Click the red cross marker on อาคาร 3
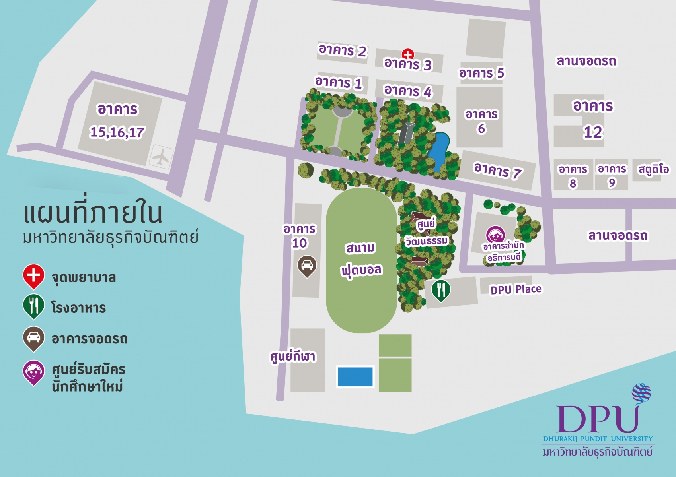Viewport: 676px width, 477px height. tap(408, 54)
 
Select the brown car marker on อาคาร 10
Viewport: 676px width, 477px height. tap(307, 265)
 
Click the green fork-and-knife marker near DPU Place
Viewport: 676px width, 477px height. tap(441, 290)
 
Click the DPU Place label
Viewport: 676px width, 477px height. tap(516, 289)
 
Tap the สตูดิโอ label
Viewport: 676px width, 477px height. tap(653, 169)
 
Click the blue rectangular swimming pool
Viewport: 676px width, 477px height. tap(355, 376)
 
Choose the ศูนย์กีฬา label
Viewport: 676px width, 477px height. tap(293, 356)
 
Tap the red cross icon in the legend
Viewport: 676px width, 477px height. tap(34, 275)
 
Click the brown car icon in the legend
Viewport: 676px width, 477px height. tap(33, 338)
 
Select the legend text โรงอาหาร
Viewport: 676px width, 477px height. tap(78, 308)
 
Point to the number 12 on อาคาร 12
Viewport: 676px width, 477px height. tap(593, 132)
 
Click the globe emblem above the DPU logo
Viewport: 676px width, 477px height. tap(641, 393)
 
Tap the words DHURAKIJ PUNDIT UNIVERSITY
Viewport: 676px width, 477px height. tap(598, 439)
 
